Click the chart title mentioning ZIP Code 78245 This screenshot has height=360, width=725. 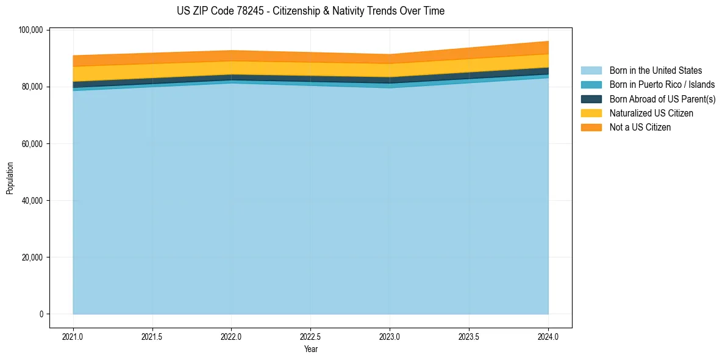tap(310, 11)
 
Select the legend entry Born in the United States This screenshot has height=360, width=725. tap(655, 71)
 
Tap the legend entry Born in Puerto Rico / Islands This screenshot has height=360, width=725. tap(662, 85)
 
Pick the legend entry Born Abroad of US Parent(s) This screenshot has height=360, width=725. tap(662, 99)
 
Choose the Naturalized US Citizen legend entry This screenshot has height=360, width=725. tap(651, 113)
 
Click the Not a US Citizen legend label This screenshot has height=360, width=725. tap(640, 128)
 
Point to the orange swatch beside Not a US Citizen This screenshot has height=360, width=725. tap(591, 128)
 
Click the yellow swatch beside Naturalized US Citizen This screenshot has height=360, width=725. tap(591, 113)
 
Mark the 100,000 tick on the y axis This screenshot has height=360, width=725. tap(30, 31)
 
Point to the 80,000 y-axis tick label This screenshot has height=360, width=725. tap(32, 87)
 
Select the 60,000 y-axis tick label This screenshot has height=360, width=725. tap(32, 144)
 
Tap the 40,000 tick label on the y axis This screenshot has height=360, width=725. tap(32, 201)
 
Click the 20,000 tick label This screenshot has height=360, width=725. tap(32, 257)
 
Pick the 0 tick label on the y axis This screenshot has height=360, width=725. tap(41, 314)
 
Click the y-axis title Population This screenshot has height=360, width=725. tap(10, 178)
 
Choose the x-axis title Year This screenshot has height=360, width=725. tap(310, 350)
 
